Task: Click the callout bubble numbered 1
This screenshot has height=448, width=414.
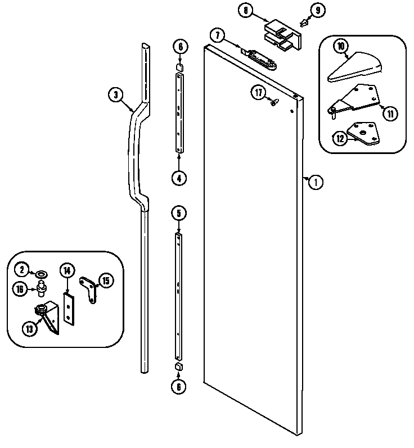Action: point(317,182)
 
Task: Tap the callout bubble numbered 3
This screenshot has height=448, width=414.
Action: point(115,95)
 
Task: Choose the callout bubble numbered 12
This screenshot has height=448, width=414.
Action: point(340,138)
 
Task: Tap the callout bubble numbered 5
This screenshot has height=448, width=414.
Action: point(179,213)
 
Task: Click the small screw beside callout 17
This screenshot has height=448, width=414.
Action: point(274,102)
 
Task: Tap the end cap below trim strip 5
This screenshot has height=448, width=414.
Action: point(179,366)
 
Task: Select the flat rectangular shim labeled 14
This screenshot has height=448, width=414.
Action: point(69,310)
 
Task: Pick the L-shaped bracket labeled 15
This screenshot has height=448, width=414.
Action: point(88,288)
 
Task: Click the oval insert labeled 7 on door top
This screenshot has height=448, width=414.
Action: point(262,57)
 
